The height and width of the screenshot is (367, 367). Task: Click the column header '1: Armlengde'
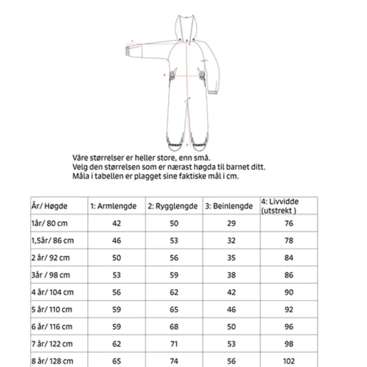pyautogui.click(x=113, y=206)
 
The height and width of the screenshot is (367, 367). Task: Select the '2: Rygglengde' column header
pyautogui.click(x=172, y=206)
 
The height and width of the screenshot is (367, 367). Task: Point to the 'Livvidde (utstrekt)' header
pyautogui.click(x=280, y=206)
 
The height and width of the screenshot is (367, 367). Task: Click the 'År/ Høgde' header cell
pyautogui.click(x=49, y=206)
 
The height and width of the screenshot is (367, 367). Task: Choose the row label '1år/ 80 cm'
pyautogui.click(x=50, y=223)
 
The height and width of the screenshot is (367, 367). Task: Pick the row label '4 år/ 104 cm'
pyautogui.click(x=52, y=292)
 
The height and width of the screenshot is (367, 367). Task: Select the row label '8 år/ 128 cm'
pyautogui.click(x=52, y=361)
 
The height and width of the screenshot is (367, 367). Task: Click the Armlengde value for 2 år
pyautogui.click(x=116, y=258)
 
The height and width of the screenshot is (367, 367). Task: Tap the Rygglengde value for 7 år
pyautogui.click(x=174, y=344)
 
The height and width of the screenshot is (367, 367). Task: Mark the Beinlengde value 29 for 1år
pyautogui.click(x=231, y=223)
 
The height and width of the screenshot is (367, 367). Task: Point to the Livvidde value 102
pyautogui.click(x=289, y=361)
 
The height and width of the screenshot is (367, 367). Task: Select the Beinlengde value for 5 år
pyautogui.click(x=231, y=309)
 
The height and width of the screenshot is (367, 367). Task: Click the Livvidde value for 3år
pyautogui.click(x=289, y=275)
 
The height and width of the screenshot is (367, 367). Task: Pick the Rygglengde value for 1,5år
pyautogui.click(x=174, y=240)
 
